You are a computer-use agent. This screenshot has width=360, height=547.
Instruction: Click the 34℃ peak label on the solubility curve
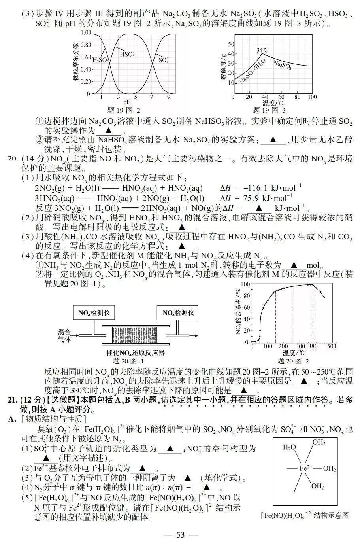click(262, 50)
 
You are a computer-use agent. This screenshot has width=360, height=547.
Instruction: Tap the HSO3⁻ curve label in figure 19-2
click(127, 54)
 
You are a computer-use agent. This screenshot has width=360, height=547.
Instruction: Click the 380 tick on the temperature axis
click(313, 346)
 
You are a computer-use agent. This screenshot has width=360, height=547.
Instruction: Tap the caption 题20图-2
click(294, 361)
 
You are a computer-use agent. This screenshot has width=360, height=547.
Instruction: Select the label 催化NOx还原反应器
click(136, 352)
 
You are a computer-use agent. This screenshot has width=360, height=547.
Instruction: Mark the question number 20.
click(13, 159)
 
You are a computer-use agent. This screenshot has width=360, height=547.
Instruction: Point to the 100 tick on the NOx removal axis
click(245, 284)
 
